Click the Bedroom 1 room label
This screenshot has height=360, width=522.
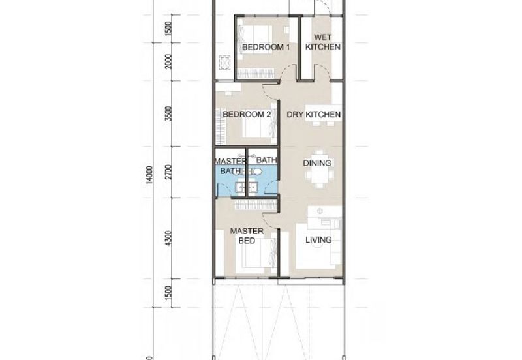pyautogui.click(x=266, y=47)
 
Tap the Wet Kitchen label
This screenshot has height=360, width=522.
pyautogui.click(x=322, y=42)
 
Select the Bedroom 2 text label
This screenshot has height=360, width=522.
pyautogui.click(x=247, y=114)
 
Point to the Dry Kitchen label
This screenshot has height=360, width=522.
pyautogui.click(x=314, y=114)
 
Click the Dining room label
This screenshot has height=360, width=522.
pyautogui.click(x=317, y=163)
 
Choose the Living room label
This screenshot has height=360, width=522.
pyautogui.click(x=318, y=239)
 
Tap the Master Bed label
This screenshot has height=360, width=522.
pyautogui.click(x=247, y=235)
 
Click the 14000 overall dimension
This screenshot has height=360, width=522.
pyautogui.click(x=149, y=174)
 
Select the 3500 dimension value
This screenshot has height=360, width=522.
pyautogui.click(x=169, y=113)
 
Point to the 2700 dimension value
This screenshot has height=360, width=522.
pyautogui.click(x=169, y=172)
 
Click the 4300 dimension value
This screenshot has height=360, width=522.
pyautogui.click(x=169, y=238)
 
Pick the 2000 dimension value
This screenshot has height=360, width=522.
pyautogui.click(x=169, y=61)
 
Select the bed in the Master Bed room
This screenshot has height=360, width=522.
pyautogui.click(x=256, y=253)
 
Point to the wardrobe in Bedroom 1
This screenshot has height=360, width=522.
pyautogui.click(x=256, y=73)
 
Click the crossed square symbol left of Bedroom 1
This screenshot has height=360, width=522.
pyautogui.click(x=224, y=62)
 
